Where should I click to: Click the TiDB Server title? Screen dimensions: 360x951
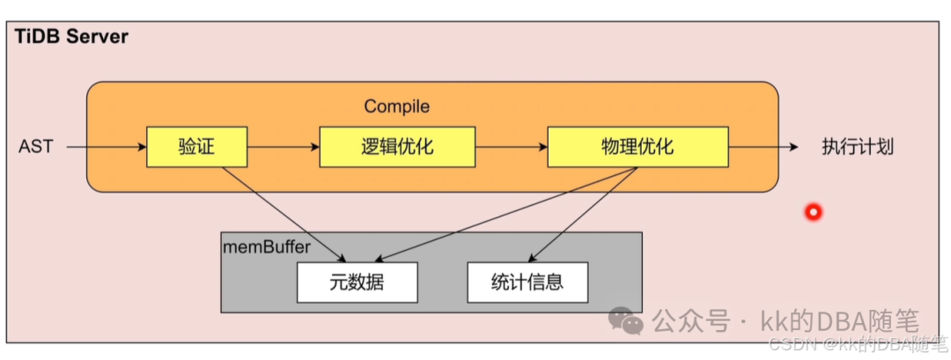pyautogui.click(x=71, y=37)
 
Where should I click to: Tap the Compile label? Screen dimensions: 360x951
pyautogui.click(x=397, y=107)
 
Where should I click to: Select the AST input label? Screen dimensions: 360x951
pyautogui.click(x=35, y=147)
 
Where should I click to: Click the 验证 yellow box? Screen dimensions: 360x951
pyautogui.click(x=197, y=147)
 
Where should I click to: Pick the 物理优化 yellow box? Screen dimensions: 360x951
pyautogui.click(x=638, y=147)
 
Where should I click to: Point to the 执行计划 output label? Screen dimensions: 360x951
pyautogui.click(x=858, y=147)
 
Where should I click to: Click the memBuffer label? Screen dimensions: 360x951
pyautogui.click(x=267, y=247)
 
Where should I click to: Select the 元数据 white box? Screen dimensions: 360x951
pyautogui.click(x=357, y=283)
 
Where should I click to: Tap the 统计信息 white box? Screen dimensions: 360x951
pyautogui.click(x=527, y=283)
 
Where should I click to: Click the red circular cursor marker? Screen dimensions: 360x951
pyautogui.click(x=813, y=211)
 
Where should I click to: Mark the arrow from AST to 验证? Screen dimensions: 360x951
pyautogui.click(x=106, y=147)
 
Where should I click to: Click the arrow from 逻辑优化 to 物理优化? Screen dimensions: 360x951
pyautogui.click(x=511, y=147)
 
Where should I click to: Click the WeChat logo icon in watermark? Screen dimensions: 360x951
pyautogui.click(x=626, y=321)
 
